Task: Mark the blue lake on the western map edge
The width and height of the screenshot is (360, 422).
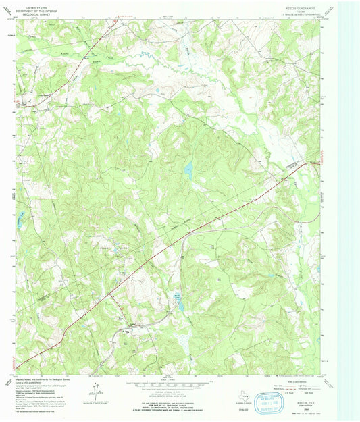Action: [20, 217]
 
